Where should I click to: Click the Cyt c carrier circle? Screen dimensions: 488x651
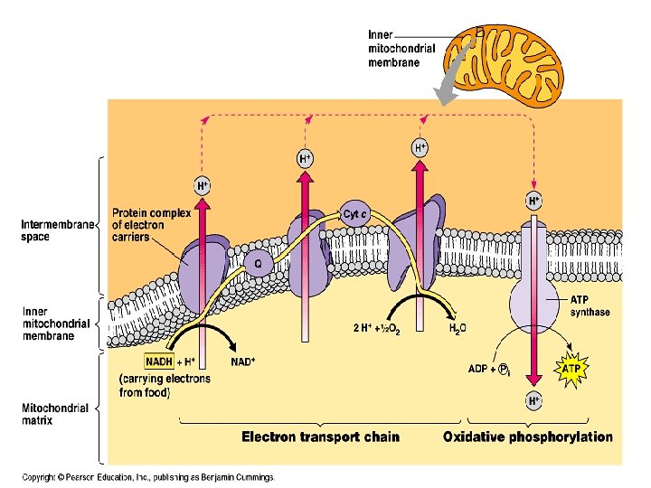(x=354, y=214)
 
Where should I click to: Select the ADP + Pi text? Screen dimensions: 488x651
(x=492, y=369)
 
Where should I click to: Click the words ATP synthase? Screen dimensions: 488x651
(x=590, y=306)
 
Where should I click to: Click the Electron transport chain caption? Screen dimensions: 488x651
(x=320, y=436)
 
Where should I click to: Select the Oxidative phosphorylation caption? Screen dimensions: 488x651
(x=527, y=436)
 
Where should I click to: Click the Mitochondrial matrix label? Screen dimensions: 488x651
(x=55, y=414)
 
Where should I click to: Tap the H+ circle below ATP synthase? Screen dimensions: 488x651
(x=535, y=399)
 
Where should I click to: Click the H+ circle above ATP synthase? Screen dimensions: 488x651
(x=535, y=199)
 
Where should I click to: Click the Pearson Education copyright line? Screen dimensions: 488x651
(x=148, y=476)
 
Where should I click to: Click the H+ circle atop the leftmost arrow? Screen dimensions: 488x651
(x=203, y=186)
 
